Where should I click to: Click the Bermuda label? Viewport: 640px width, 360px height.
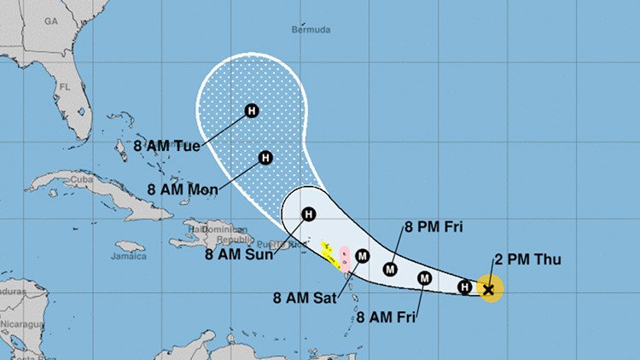311,28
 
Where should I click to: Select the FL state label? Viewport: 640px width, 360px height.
64,87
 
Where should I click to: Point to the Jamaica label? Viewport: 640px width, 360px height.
129,256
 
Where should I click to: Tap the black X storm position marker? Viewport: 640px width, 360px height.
489,290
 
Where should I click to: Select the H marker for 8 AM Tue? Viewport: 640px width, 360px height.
252,110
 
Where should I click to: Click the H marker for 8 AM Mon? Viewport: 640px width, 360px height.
265,158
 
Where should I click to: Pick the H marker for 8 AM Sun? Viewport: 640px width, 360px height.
308,214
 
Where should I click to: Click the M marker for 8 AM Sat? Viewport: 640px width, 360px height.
362,256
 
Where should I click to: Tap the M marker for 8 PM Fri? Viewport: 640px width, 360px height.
391,269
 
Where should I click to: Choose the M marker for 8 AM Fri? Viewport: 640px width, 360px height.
424,278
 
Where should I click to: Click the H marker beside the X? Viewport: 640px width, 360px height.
465,287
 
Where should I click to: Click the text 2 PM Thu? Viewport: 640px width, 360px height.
527,259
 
